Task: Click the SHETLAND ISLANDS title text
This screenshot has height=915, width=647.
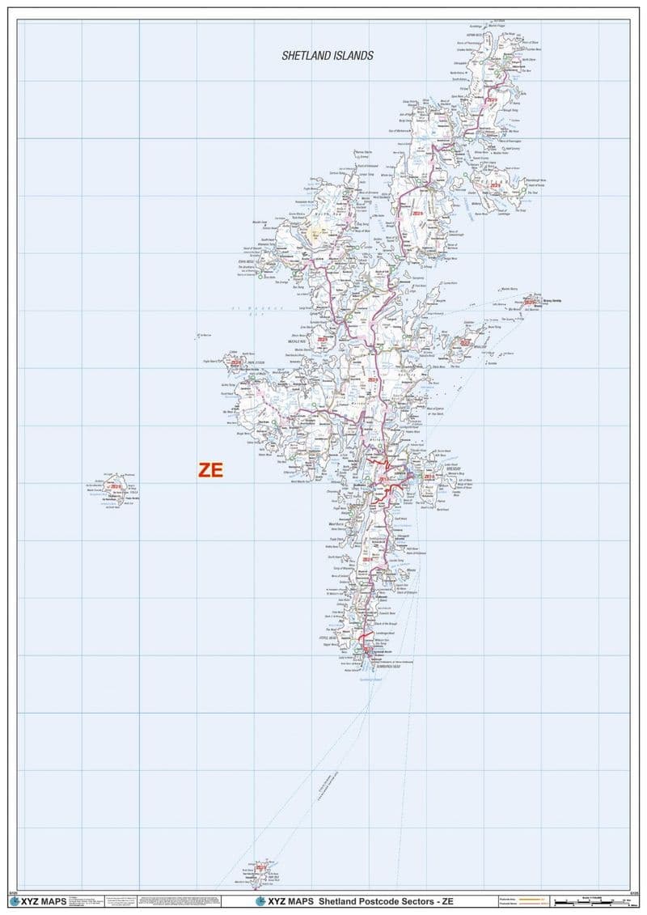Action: pyautogui.click(x=328, y=56)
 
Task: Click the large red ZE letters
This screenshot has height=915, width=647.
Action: pyautogui.click(x=210, y=470)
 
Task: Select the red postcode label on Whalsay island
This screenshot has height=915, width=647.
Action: pyautogui.click(x=464, y=343)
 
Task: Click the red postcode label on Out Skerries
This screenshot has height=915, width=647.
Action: pyautogui.click(x=528, y=303)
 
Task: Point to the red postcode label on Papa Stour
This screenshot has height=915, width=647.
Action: pyautogui.click(x=237, y=374)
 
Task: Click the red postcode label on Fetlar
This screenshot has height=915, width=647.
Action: pyautogui.click(x=495, y=185)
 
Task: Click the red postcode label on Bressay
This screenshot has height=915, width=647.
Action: pyautogui.click(x=428, y=477)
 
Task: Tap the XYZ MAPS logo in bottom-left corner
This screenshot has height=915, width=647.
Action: pyautogui.click(x=32, y=901)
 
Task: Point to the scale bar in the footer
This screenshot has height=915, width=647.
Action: pyautogui.click(x=586, y=900)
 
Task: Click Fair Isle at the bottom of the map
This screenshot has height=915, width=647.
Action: pyautogui.click(x=260, y=871)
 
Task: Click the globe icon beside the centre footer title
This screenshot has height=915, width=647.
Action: pyautogui.click(x=260, y=901)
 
